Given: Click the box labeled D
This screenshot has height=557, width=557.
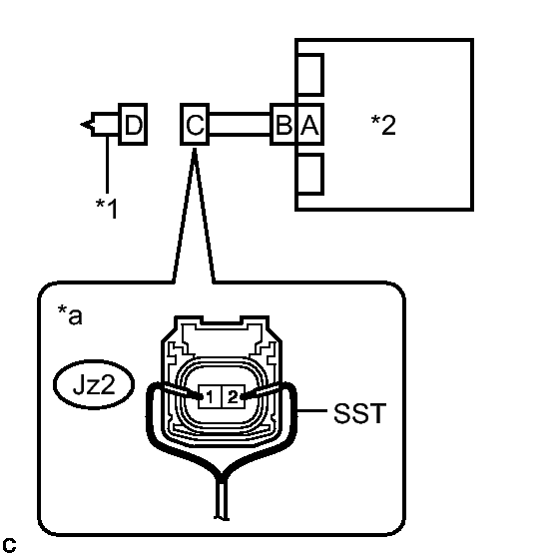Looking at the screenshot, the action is [133, 124].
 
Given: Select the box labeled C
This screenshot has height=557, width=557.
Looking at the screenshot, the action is [195, 124].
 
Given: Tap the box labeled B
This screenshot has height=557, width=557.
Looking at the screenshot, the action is [283, 124].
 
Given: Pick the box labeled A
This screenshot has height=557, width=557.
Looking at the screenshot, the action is [309, 124].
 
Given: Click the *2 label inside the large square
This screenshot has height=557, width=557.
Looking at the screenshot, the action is [383, 125].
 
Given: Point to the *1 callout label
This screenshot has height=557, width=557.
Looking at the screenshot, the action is [106, 209].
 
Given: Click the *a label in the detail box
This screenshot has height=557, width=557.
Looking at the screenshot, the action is [70, 314].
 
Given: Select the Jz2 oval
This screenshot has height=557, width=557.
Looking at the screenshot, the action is [94, 384].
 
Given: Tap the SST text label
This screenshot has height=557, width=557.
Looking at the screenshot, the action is [359, 413].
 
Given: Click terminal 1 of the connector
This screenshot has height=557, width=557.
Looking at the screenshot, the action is [210, 396].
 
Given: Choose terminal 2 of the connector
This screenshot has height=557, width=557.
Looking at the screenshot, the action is [234, 396].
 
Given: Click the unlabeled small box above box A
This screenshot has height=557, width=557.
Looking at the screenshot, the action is [309, 75].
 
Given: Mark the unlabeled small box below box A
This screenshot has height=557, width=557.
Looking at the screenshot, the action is [309, 174].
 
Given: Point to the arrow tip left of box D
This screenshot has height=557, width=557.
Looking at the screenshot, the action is [81, 125].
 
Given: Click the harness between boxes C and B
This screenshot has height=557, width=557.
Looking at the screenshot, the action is [240, 124].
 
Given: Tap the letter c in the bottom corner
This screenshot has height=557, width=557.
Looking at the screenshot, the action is [9, 545].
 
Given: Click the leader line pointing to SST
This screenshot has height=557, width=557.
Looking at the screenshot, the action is [311, 410].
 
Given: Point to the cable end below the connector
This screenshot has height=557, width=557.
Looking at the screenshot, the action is [222, 518].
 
